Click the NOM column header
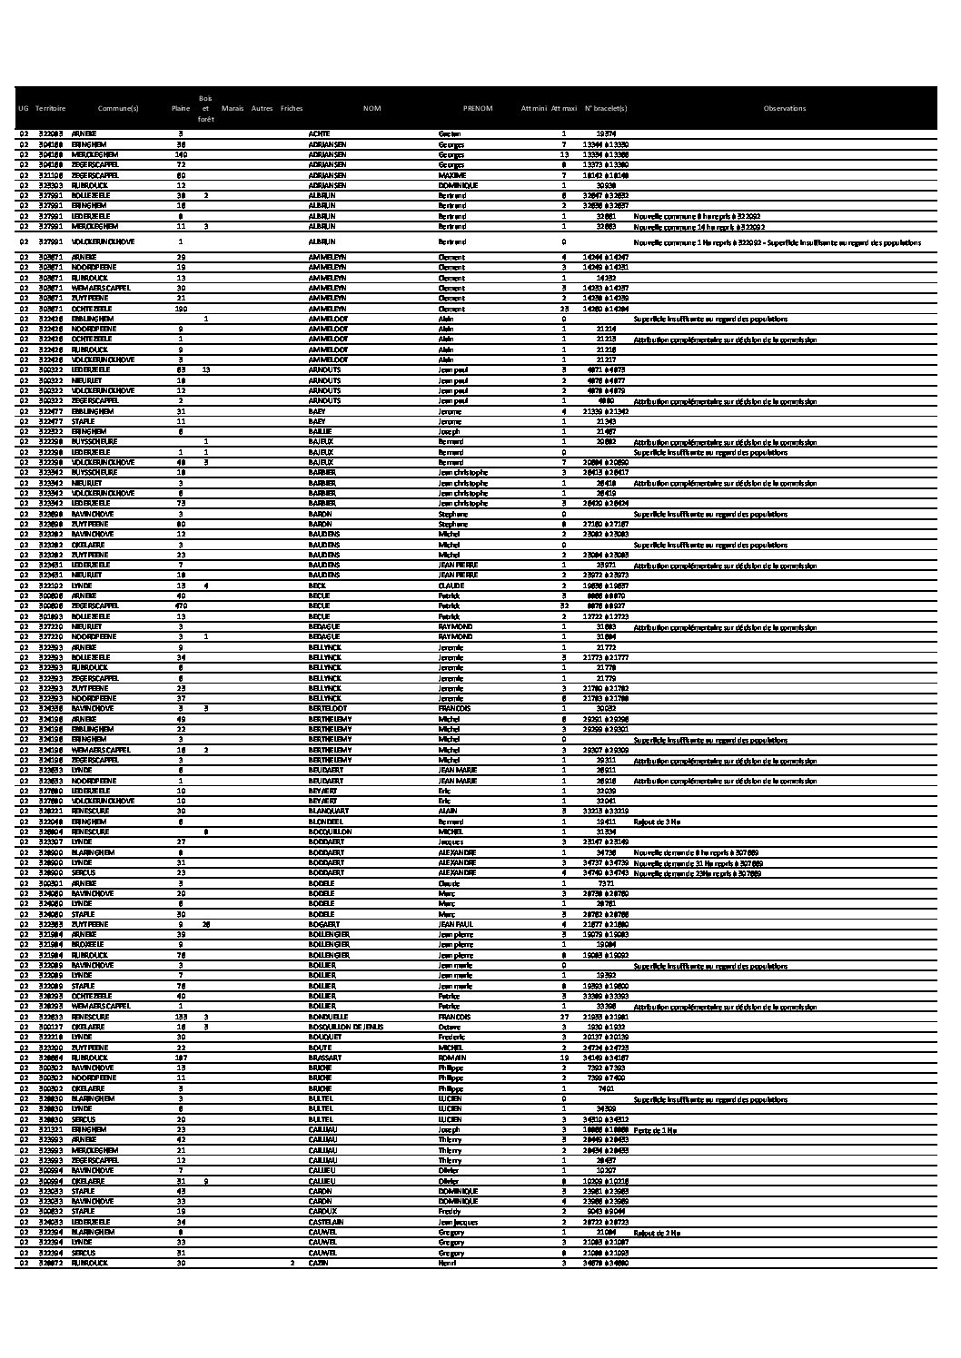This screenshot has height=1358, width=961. (372, 109)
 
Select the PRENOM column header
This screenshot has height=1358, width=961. (478, 109)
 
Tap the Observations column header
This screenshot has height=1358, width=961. (784, 109)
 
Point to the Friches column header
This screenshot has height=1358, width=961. (292, 109)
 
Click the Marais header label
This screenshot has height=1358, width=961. (232, 109)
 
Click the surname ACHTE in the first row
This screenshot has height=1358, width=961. (319, 133)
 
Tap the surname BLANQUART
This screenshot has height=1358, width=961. (326, 811)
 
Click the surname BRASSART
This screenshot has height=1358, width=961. (324, 1058)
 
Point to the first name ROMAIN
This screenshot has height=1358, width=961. (451, 1058)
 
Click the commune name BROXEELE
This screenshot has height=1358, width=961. (89, 944)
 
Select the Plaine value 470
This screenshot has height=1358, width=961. (181, 605)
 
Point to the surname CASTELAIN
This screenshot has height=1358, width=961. (327, 1222)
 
